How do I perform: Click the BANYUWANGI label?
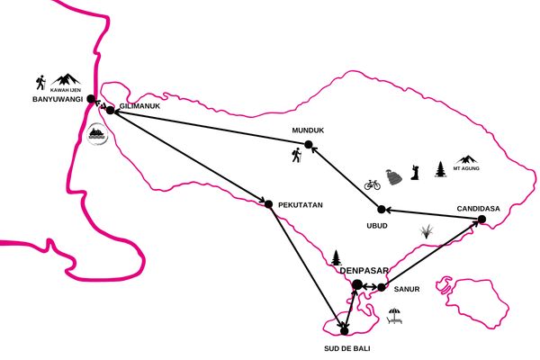click(58, 99)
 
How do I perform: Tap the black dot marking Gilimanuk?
click(110, 110)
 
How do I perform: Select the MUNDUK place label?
click(308, 130)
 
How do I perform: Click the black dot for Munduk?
click(309, 145)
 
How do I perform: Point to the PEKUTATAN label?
click(301, 205)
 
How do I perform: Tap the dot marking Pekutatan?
click(268, 204)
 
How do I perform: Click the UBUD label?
click(377, 226)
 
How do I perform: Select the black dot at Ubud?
click(382, 209)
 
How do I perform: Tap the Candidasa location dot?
click(481, 219)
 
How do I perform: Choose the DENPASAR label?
click(364, 271)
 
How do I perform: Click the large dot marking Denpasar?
click(357, 285)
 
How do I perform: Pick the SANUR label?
click(407, 290)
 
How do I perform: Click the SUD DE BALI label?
click(347, 348)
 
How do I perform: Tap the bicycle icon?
click(373, 184)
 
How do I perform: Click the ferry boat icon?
click(97, 134)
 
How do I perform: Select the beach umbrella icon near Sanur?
click(394, 316)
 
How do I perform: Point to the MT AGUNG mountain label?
click(466, 168)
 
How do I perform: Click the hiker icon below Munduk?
click(296, 155)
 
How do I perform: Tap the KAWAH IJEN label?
click(66, 90)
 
